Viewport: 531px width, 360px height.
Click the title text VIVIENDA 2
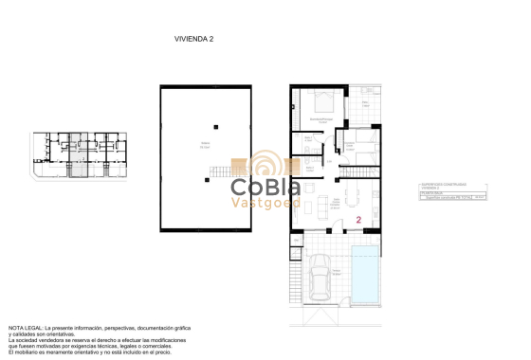click(193, 39)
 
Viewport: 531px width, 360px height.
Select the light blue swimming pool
click(361, 270)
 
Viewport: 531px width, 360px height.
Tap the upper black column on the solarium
click(216, 126)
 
